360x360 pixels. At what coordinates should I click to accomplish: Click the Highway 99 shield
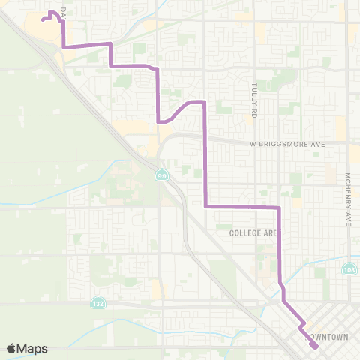(x=162, y=175)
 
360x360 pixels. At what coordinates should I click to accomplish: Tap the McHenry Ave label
(x=348, y=200)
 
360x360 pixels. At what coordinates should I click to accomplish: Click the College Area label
(x=253, y=233)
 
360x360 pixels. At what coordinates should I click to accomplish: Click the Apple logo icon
(x=12, y=348)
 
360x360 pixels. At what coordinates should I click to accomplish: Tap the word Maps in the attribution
(x=33, y=348)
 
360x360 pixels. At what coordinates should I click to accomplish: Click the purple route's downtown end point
(x=316, y=346)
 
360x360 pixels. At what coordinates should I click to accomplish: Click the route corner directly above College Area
(x=279, y=206)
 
